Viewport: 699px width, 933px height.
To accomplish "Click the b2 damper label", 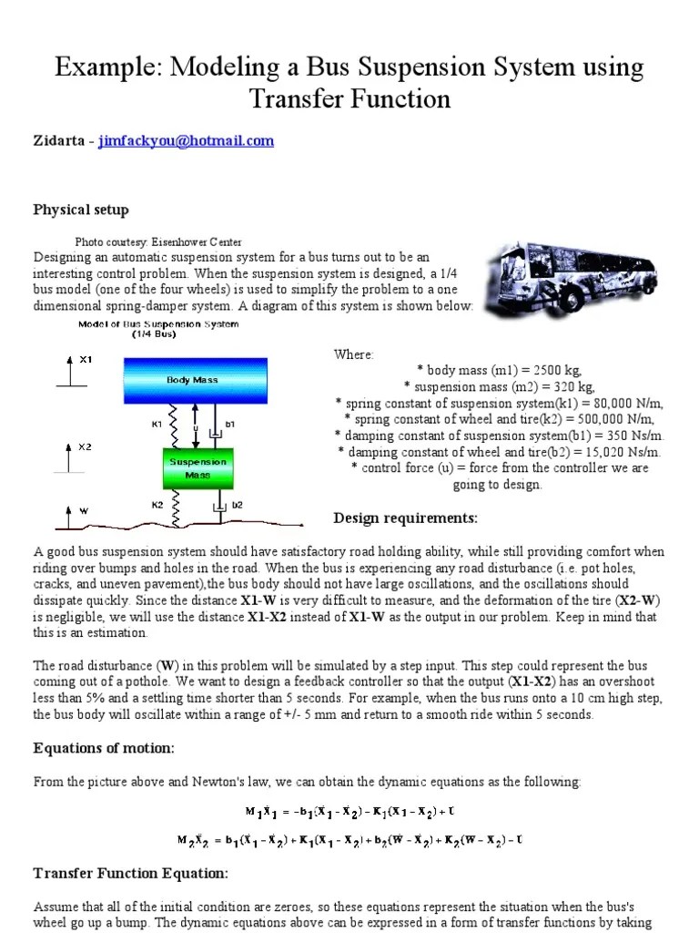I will (238, 504).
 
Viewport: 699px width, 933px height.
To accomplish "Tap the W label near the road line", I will (85, 511).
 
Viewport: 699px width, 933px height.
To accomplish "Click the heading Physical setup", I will (81, 210).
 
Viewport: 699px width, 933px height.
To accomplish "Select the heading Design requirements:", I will (405, 518).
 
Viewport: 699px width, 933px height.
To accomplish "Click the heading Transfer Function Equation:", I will (130, 873).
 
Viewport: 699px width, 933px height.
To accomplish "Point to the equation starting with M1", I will (349, 810).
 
